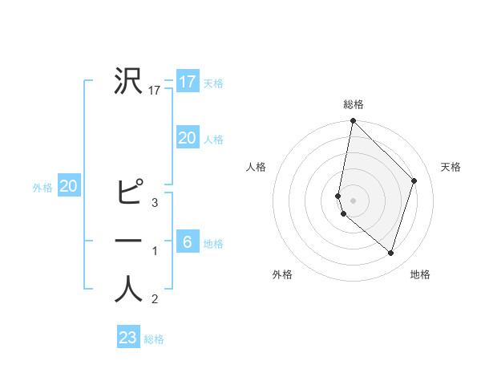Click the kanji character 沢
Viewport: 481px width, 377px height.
point(128,81)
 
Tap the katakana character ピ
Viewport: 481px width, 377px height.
point(128,193)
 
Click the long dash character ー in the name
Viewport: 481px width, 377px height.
point(128,241)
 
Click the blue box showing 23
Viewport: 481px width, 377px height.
point(128,338)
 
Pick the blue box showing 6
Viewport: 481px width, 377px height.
point(187,241)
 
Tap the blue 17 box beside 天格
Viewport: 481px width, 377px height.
point(187,82)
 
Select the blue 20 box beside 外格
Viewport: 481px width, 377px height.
point(69,187)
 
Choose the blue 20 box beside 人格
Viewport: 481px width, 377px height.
point(187,138)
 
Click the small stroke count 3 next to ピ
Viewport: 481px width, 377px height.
point(155,203)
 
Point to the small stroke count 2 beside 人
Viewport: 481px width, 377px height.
point(155,300)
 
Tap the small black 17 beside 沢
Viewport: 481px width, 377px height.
point(155,91)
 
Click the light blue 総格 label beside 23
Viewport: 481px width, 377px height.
point(155,339)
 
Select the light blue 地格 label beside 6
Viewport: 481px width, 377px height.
point(214,243)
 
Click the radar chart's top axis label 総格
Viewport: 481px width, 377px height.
point(354,104)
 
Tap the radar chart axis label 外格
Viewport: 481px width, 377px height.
point(282,274)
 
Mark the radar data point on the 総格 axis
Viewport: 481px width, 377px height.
point(354,122)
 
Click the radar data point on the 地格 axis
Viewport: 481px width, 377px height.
point(390,253)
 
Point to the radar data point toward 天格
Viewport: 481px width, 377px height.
point(414,180)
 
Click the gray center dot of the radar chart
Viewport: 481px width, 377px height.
point(354,200)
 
